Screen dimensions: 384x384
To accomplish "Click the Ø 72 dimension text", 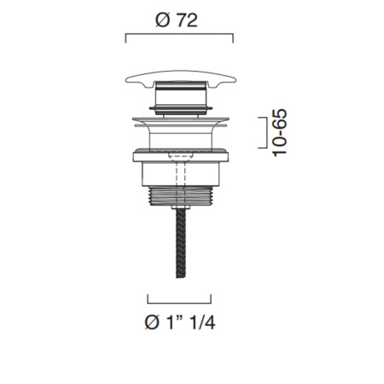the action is [x=177, y=20].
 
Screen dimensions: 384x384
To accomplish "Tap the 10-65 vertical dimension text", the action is [x=279, y=132].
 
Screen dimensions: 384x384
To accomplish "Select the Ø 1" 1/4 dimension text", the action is [x=180, y=323].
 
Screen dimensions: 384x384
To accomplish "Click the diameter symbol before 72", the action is [x=163, y=20].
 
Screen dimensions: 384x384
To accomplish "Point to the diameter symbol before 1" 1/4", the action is [x=152, y=323].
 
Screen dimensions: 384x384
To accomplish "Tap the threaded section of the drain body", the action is [x=181, y=195].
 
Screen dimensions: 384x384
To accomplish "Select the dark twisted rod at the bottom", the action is [x=181, y=243].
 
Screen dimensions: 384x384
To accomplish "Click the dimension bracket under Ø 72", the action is [x=179, y=34].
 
